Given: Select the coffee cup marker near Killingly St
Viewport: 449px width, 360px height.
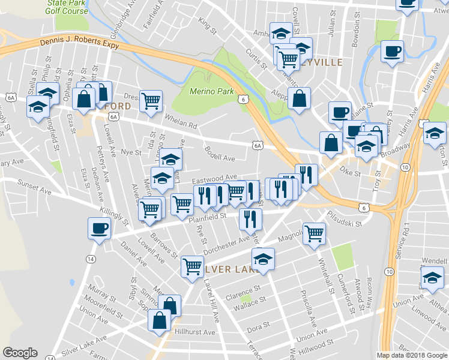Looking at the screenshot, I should click(x=98, y=228).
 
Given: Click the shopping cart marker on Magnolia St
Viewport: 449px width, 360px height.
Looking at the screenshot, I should click(x=314, y=233).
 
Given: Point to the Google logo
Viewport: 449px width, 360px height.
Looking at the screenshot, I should click(x=20, y=353).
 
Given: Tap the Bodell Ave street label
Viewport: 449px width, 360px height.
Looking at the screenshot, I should click(x=220, y=154).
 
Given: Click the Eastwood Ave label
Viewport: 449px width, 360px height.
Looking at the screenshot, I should click(x=214, y=179).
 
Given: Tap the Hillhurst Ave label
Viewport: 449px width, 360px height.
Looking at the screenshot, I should click(x=195, y=332).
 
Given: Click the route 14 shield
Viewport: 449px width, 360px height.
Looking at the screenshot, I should click(x=90, y=259).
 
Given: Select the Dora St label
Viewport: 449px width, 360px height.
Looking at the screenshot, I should click(x=256, y=328).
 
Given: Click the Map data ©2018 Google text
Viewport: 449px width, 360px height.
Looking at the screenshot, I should click(x=412, y=355).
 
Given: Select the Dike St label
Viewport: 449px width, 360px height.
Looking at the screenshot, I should click(x=348, y=173).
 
